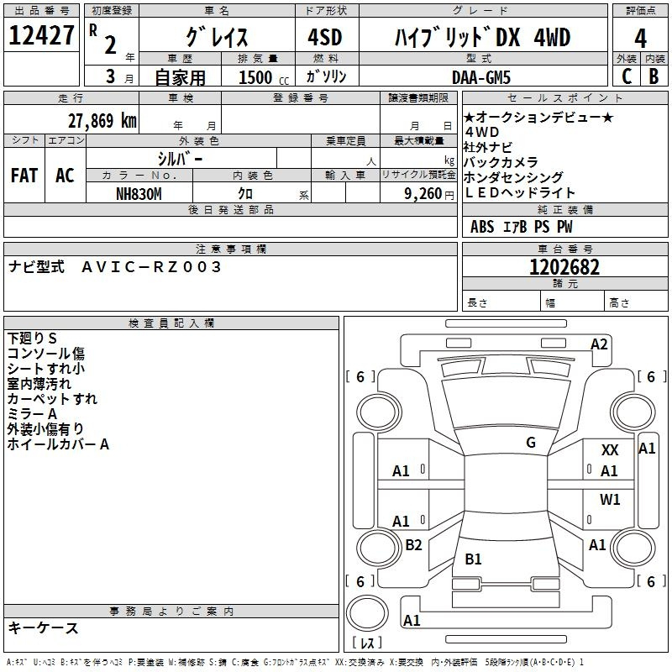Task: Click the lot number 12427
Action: click(41, 35)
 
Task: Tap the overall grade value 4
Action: click(640, 39)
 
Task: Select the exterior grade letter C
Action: click(627, 76)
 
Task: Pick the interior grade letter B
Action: click(654, 76)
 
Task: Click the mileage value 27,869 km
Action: click(102, 121)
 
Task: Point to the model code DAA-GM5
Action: click(481, 77)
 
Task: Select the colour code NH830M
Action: click(139, 194)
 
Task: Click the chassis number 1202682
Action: click(564, 267)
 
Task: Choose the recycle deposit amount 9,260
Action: click(423, 194)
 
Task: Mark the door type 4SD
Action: click(325, 37)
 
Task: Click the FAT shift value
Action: click(24, 176)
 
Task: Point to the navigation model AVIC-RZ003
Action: click(151, 267)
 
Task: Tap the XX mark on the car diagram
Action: click(610, 450)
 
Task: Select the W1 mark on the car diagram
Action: click(610, 499)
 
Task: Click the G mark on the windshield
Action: click(531, 443)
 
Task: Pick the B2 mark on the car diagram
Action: click(413, 544)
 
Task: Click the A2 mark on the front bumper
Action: click(599, 344)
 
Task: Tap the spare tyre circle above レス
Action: click(367, 613)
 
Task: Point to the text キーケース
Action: click(44, 627)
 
